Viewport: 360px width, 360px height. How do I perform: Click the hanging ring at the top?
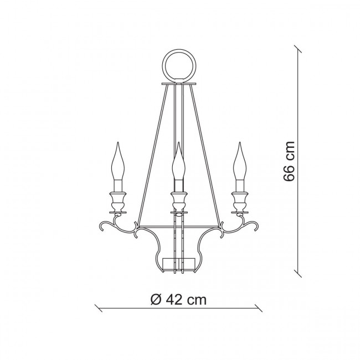[179, 50]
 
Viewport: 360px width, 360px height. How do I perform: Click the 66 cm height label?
[289, 161]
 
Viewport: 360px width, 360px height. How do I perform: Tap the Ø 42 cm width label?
[179, 300]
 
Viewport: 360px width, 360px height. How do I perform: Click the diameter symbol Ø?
[156, 300]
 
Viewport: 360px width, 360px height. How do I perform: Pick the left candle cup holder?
[118, 202]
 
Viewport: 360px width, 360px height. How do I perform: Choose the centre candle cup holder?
[179, 202]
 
